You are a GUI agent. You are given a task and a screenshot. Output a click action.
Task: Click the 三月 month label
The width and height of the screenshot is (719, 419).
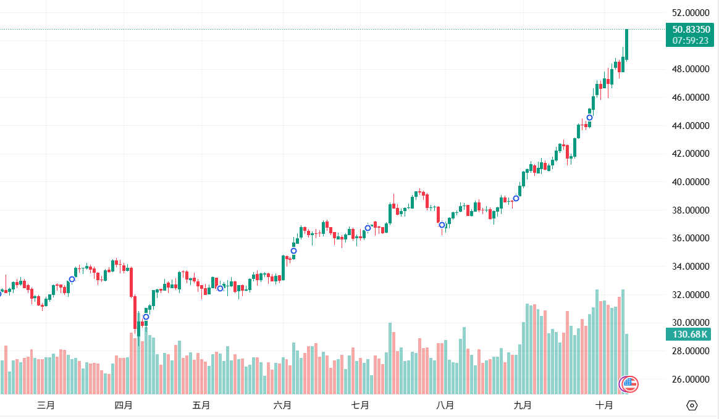[46, 405]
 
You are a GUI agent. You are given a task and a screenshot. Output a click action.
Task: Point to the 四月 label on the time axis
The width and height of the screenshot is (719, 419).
[124, 405]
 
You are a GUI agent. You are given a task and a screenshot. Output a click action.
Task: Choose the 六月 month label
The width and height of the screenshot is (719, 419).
[282, 405]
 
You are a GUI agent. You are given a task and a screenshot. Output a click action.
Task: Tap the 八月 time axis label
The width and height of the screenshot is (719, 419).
[445, 405]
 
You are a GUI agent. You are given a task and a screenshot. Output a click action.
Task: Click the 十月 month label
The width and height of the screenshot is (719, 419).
[604, 405]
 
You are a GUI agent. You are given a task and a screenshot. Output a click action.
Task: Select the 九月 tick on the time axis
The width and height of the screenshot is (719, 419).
[523, 405]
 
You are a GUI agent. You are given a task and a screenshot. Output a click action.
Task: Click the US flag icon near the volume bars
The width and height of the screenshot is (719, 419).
[629, 384]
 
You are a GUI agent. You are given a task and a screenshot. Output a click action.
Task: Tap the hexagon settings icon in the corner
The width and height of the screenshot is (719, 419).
[692, 405]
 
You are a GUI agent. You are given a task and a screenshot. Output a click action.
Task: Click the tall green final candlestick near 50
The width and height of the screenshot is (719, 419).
[626, 44]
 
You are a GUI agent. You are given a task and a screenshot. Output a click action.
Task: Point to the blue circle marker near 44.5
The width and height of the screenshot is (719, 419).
[589, 117]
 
